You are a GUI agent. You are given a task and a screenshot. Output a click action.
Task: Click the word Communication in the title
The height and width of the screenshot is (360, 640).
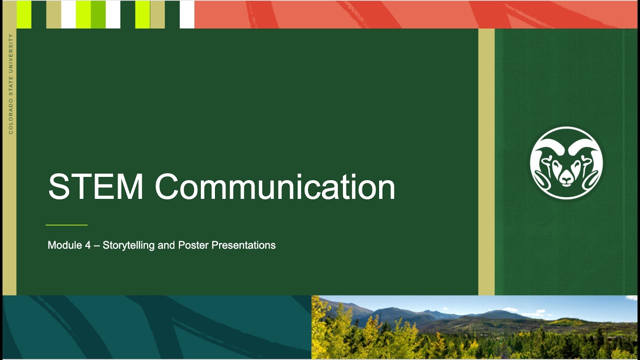click(274, 187)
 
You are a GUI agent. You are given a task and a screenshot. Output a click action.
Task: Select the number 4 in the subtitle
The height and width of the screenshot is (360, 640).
click(80, 245)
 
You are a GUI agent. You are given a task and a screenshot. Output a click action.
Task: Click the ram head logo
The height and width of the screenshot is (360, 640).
click(566, 163)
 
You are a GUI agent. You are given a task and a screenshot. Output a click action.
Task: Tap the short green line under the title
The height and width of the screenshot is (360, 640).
click(66, 225)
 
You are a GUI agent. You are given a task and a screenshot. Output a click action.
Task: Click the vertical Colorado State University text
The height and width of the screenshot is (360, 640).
click(10, 83)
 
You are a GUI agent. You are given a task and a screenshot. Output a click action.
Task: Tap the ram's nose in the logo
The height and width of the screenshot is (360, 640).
click(566, 178)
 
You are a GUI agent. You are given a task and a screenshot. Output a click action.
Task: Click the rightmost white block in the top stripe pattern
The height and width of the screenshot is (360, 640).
click(186, 14)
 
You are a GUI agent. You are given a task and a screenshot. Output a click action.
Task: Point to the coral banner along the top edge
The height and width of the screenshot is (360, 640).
click(415, 14)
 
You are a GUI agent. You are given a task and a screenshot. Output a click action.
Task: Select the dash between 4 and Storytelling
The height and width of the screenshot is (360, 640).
click(93, 245)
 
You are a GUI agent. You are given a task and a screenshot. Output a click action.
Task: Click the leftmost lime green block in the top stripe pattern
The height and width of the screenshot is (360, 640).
click(23, 14)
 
